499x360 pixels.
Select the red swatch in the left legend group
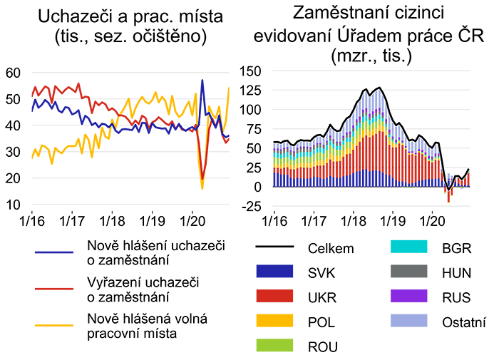click(x=41, y=289)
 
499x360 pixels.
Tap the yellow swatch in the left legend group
click(x=41, y=328)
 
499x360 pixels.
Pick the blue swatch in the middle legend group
click(x=263, y=272)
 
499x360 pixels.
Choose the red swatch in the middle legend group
click(x=263, y=296)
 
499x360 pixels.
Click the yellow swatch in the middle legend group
click(x=263, y=320)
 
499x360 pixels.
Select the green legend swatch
click(x=259, y=343)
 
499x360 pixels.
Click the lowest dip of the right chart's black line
click(x=448, y=191)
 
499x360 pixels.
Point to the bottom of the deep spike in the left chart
click(x=202, y=178)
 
